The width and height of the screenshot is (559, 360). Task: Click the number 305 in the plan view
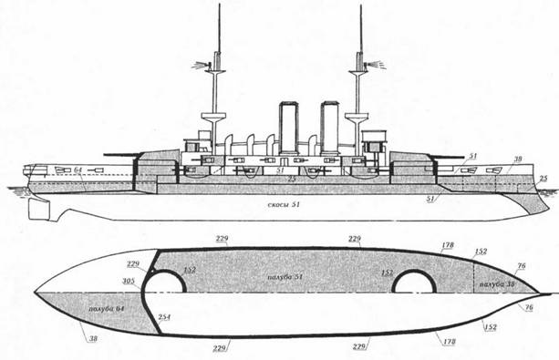point(128,282)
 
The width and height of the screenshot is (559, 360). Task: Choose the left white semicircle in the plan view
point(171,281)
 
